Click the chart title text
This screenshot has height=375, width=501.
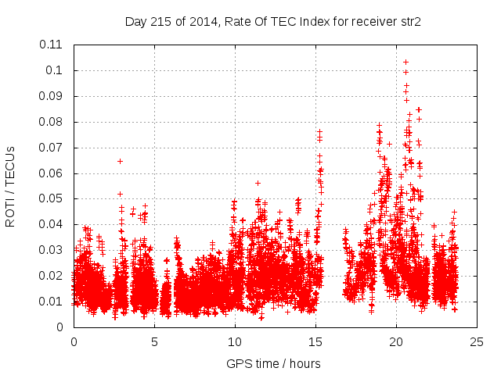273,22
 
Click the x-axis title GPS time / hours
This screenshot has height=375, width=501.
273,363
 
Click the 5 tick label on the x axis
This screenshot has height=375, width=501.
154,342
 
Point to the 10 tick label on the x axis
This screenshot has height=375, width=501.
235,342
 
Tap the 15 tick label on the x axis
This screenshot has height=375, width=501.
315,342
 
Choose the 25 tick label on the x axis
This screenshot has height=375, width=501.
477,342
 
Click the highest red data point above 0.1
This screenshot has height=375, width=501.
405,62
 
